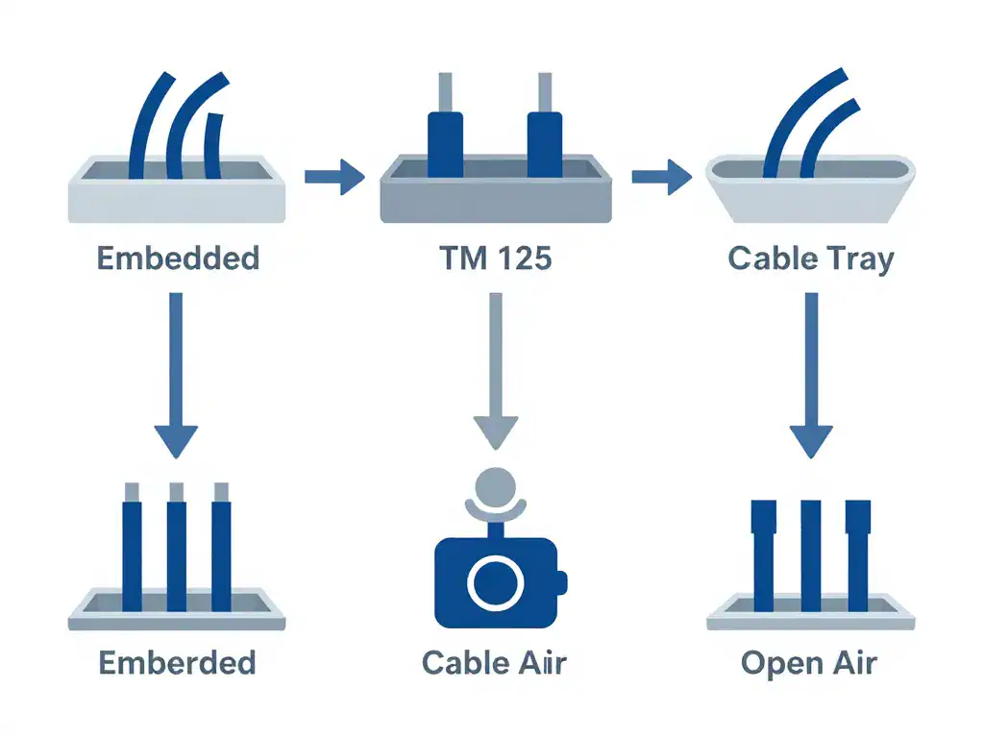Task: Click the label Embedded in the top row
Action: (178, 258)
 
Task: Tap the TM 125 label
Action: (496, 258)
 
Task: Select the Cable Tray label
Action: (811, 258)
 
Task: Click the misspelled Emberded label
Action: (178, 662)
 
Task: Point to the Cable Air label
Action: (495, 662)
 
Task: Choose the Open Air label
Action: (809, 662)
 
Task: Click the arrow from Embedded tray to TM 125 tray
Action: (334, 177)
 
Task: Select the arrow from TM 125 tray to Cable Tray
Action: (662, 177)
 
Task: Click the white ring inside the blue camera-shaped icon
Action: (496, 582)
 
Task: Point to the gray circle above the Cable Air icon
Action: (496, 484)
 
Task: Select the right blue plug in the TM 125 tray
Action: (544, 144)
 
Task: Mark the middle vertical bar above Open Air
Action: (811, 555)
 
